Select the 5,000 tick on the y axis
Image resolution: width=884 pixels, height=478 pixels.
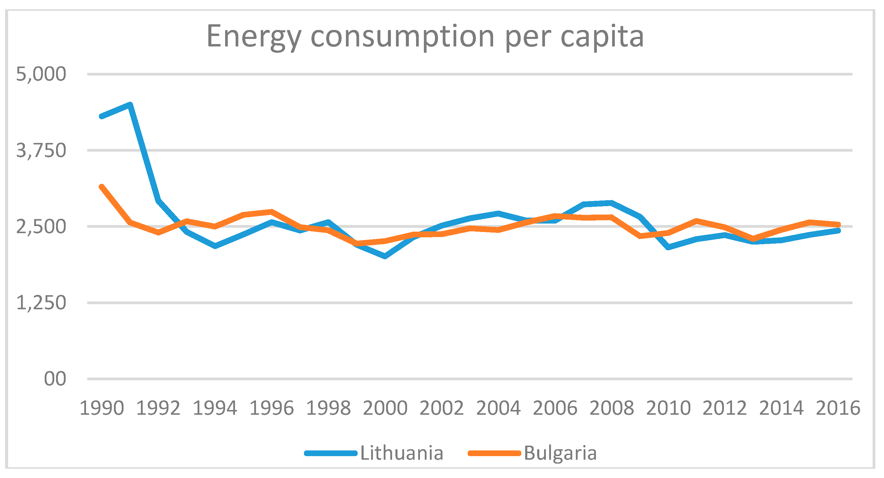[41, 74]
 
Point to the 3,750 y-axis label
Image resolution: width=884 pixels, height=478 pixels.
[41, 151]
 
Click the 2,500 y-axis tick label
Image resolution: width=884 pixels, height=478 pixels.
[41, 227]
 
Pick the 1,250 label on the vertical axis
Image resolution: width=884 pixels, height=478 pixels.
[41, 303]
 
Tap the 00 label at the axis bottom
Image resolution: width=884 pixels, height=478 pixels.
[55, 379]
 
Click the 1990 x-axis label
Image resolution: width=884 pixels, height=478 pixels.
[102, 408]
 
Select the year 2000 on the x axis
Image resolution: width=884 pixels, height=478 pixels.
[385, 408]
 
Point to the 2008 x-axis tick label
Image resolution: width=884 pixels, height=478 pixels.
[612, 408]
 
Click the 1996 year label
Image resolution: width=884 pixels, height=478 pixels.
[272, 408]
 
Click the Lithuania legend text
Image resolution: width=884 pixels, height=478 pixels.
[401, 453]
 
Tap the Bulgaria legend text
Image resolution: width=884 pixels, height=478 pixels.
[560, 453]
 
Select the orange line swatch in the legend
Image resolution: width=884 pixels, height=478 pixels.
[495, 453]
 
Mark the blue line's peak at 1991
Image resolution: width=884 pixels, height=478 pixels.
[130, 105]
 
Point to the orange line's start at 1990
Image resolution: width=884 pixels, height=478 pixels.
[102, 187]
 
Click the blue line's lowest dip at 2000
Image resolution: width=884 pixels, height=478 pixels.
[385, 256]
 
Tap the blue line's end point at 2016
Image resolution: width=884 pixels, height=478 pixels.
[838, 230]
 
